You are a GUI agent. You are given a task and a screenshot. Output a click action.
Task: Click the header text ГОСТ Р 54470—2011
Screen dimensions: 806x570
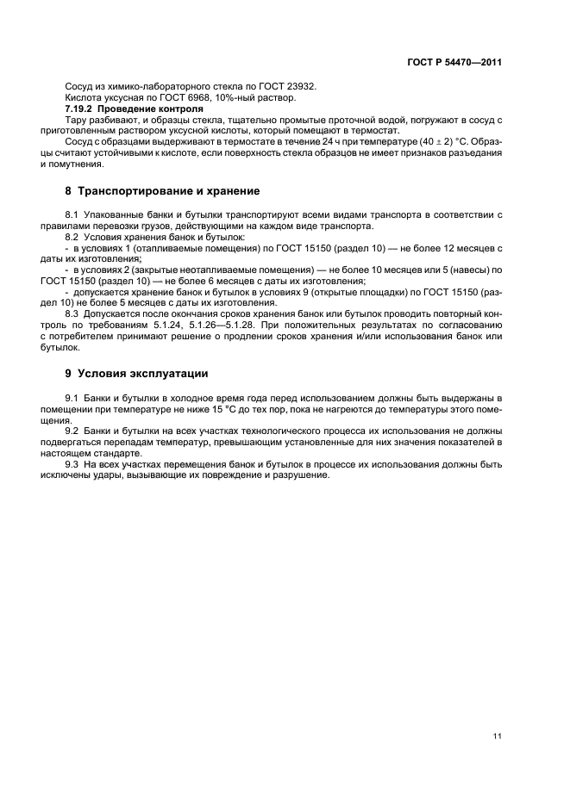coord(455,63)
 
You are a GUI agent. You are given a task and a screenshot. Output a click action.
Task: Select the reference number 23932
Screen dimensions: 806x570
coord(299,87)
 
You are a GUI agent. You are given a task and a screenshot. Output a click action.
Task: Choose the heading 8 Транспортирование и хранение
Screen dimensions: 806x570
coord(168,190)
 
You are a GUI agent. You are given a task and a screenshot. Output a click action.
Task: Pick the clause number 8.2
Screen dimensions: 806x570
coord(73,236)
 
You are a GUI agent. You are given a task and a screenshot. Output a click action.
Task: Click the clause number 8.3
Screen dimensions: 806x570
coord(73,314)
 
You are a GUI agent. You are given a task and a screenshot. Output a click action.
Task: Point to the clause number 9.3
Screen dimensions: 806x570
coord(73,464)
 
